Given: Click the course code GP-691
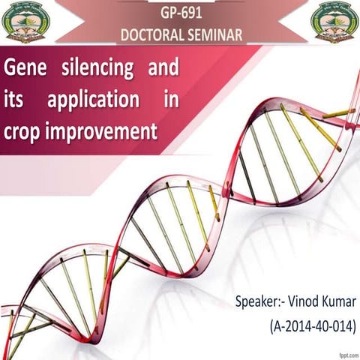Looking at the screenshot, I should pos(180,13).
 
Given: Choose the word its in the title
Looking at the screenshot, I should pos(17,100).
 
